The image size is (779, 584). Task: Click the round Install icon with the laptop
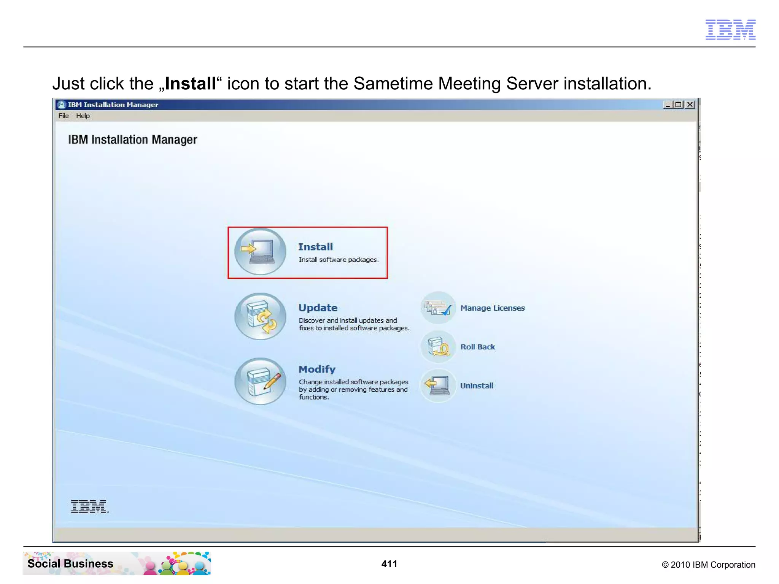260,251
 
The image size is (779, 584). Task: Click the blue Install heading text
315,247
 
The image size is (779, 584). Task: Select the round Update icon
260,316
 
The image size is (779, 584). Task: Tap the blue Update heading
318,308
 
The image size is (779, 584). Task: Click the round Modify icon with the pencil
260,381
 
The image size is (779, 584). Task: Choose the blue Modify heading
317,369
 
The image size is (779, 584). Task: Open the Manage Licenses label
492,308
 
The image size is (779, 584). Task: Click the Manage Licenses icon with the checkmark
438,308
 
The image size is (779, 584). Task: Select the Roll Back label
477,347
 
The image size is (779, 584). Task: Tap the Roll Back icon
438,347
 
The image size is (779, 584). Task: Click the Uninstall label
477,386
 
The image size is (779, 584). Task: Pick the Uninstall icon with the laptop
438,386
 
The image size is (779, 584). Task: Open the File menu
64,116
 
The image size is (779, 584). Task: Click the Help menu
83,116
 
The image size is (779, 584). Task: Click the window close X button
690,105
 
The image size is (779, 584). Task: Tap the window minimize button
668,105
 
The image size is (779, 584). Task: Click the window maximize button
679,105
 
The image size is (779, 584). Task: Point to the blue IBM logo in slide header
730,29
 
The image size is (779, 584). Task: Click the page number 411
389,564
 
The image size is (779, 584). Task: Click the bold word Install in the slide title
191,84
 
